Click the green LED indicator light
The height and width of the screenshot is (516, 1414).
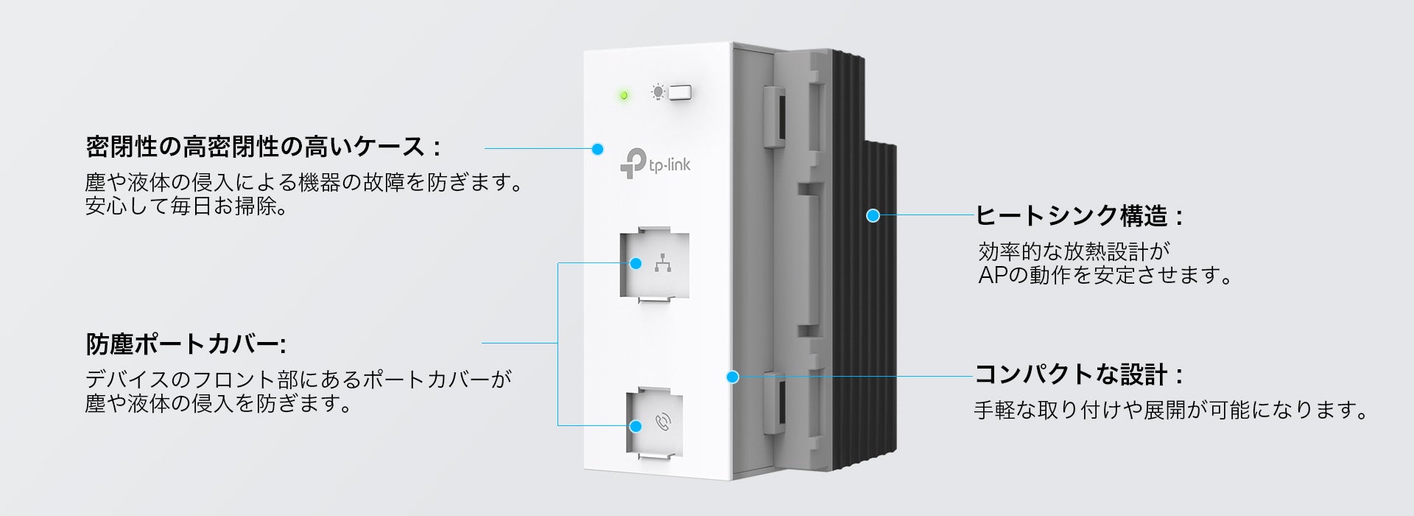[624, 96]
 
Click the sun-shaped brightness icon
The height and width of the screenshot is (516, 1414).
[657, 92]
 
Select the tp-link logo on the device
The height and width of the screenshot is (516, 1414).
[655, 164]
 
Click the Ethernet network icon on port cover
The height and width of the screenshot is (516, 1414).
[663, 263]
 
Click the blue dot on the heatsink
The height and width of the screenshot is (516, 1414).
[873, 215]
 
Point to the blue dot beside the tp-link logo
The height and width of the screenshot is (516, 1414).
[597, 149]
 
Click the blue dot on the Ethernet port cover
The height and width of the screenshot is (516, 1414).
[636, 263]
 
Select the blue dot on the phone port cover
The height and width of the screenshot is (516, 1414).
[636, 426]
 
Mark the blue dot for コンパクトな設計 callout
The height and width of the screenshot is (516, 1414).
[732, 377]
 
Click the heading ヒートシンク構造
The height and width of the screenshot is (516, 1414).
[1079, 216]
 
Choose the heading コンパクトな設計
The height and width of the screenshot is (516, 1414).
[1078, 374]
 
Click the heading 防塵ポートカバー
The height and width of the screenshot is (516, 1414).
[186, 344]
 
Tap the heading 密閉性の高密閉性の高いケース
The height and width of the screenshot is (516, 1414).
[263, 147]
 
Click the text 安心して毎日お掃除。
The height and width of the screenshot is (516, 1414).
[186, 206]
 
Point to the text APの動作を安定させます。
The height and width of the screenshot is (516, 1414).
[1105, 275]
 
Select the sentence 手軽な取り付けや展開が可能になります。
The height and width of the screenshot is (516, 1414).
[1171, 410]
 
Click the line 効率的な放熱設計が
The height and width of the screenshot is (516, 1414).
[1074, 252]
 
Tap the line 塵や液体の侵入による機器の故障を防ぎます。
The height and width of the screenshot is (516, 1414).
[304, 182]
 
